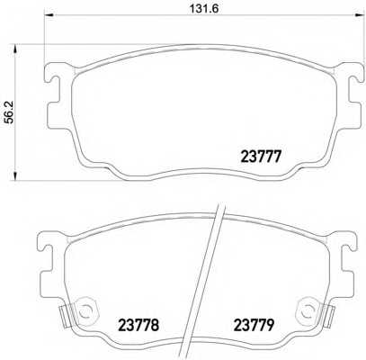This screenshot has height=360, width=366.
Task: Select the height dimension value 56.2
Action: (11, 112)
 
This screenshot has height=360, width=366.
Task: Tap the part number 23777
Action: (262, 157)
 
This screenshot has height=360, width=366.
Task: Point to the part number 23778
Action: (138, 325)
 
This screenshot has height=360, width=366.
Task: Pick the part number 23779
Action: (254, 325)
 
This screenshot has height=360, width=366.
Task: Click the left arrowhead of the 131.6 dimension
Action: (49, 14)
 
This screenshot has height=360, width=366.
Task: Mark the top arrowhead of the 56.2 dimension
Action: (15, 49)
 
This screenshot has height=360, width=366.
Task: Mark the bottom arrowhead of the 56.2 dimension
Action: (15, 176)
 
